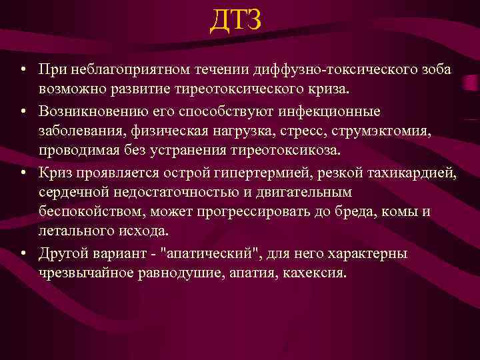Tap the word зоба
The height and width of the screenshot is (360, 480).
(433, 69)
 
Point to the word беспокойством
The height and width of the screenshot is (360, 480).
(83, 211)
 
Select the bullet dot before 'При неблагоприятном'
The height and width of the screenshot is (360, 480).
(23, 70)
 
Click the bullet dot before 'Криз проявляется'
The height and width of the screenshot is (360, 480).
(23, 175)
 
